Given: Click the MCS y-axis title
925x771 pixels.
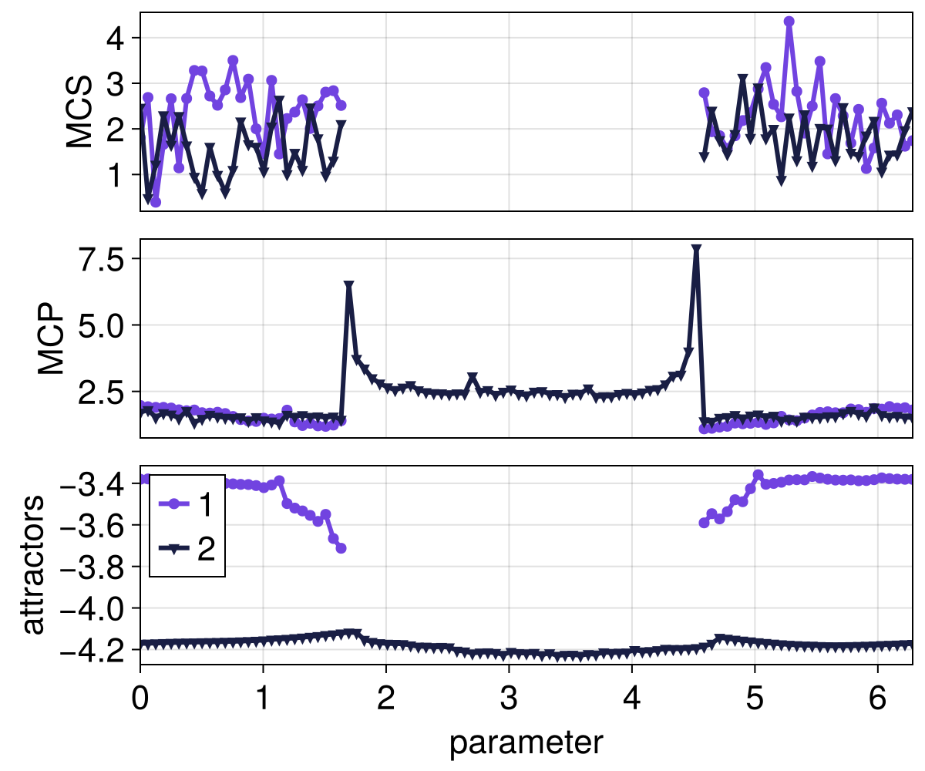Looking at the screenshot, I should pyautogui.click(x=79, y=111).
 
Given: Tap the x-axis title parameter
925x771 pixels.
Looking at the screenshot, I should pyautogui.click(x=526, y=743).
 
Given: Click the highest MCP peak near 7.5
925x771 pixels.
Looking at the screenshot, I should pyautogui.click(x=696, y=250).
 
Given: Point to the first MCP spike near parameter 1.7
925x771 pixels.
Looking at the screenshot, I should pyautogui.click(x=348, y=286).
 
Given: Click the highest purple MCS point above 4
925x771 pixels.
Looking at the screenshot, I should pyautogui.click(x=789, y=22).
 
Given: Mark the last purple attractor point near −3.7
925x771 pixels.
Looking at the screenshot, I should pyautogui.click(x=341, y=548).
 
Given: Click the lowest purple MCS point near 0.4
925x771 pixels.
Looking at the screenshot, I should pyautogui.click(x=156, y=202).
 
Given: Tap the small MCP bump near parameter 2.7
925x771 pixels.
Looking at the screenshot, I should pyautogui.click(x=473, y=379).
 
